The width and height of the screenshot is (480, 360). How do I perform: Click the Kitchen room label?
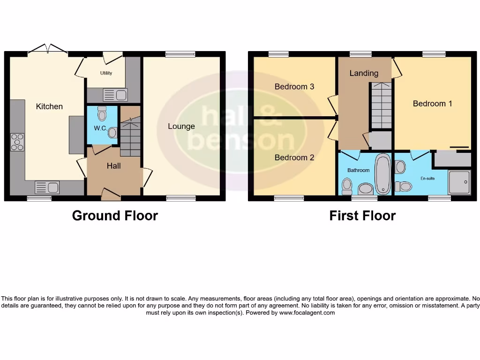click(x=49, y=106)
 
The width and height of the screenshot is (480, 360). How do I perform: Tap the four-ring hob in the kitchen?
click(x=17, y=142)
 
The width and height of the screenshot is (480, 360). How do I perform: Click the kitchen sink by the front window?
click(x=47, y=187)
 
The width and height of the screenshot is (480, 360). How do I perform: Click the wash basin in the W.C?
click(x=112, y=133)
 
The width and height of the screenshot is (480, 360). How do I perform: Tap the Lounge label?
click(x=181, y=126)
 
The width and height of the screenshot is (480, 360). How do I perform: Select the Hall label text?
click(x=113, y=166)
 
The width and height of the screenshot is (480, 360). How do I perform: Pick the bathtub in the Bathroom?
click(x=383, y=174)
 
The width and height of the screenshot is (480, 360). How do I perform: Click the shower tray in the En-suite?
click(x=459, y=182)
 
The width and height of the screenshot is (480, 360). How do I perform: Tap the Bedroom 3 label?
click(x=294, y=87)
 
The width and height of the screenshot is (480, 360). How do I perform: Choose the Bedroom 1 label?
click(x=432, y=104)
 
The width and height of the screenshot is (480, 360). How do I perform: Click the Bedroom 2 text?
click(x=294, y=157)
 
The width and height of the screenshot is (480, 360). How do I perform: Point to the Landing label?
click(x=364, y=73)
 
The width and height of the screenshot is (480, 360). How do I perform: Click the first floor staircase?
click(x=382, y=105)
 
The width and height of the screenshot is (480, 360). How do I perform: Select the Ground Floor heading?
click(x=115, y=216)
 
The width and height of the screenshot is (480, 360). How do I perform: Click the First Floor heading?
click(x=362, y=216)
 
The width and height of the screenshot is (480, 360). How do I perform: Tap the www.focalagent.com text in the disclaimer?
click(x=307, y=313)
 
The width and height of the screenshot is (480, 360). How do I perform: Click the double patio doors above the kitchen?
click(x=48, y=49)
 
